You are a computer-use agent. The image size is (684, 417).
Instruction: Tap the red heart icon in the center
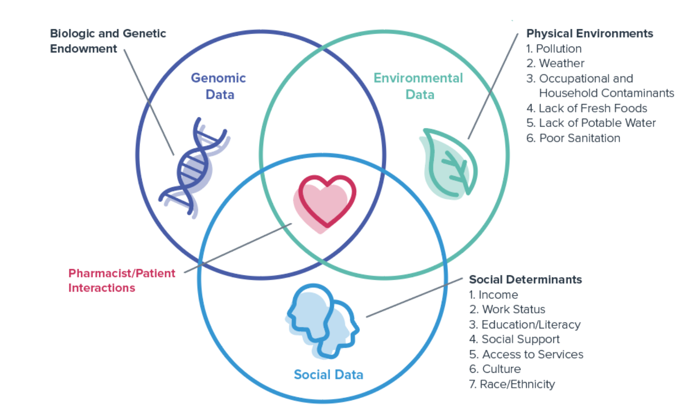326,201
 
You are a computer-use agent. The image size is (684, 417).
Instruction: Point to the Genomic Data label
218,86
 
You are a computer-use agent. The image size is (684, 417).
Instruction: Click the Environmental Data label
418,86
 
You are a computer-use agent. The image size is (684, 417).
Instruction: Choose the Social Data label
328,375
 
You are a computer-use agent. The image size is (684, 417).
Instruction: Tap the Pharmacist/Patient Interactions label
121,280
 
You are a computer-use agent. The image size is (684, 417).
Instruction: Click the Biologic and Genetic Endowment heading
108,41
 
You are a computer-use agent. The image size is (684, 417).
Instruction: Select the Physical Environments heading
589,33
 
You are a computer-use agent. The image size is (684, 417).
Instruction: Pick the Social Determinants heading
525,279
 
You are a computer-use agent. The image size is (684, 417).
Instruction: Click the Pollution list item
554,49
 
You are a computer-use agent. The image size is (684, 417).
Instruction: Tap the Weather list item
556,63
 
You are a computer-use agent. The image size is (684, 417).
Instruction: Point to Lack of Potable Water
591,123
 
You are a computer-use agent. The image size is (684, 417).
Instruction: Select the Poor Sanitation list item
573,138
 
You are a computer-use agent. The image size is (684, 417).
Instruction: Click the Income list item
494,295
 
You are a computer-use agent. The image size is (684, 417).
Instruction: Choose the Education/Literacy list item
525,324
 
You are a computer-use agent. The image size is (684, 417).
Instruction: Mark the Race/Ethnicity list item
512,384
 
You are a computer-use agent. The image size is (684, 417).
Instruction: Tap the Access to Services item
526,354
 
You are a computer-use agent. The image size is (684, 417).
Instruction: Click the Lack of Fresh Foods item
587,108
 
